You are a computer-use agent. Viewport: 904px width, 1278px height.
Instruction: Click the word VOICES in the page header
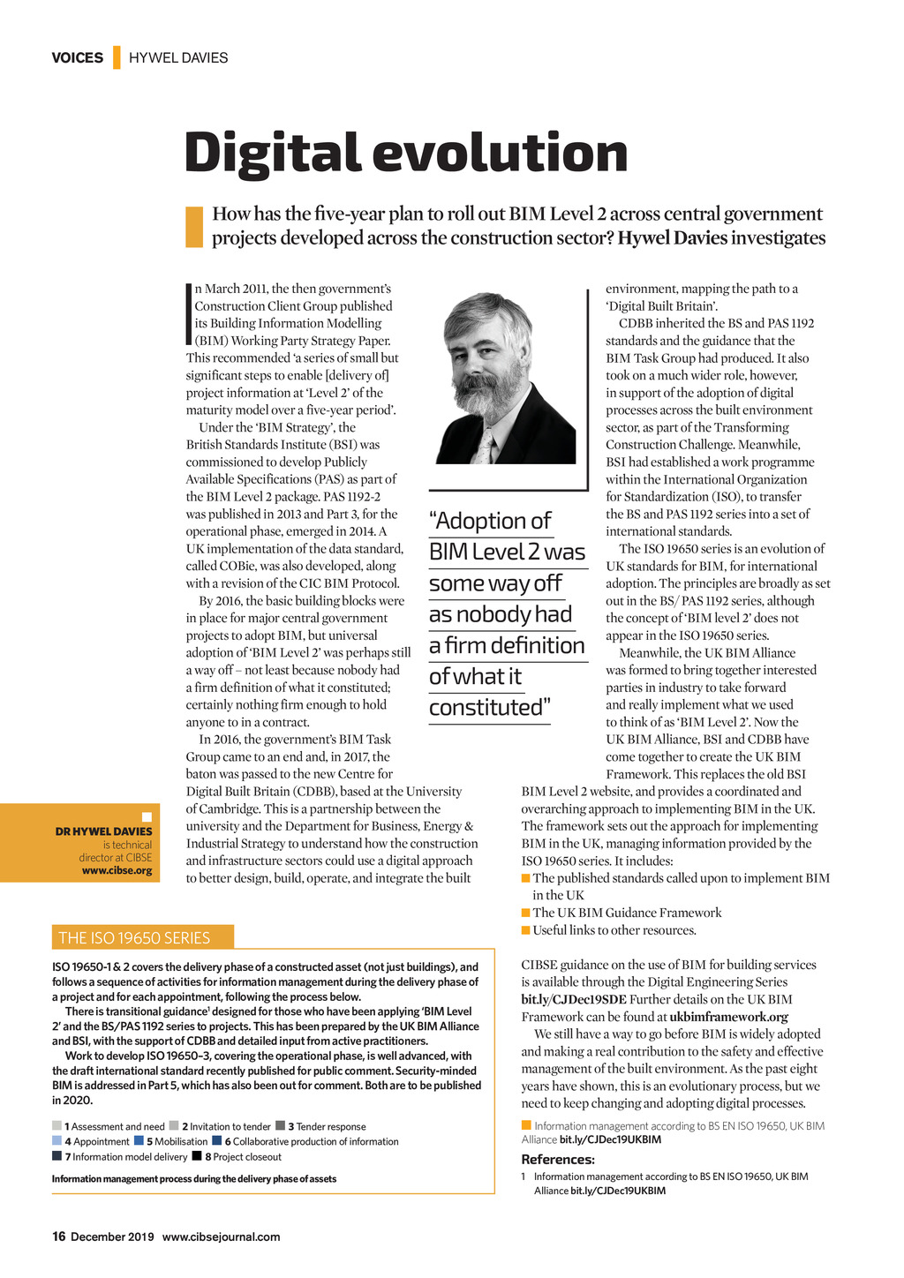coord(78,58)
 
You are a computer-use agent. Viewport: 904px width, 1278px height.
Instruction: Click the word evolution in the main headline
coord(500,154)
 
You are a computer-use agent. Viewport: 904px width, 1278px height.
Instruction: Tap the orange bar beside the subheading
coord(194,226)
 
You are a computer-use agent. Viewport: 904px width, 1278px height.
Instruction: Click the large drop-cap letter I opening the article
coord(189,314)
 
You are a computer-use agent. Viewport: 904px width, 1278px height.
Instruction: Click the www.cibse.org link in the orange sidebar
coord(117,870)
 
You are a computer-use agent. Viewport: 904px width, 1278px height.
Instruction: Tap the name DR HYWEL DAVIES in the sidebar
coord(103,831)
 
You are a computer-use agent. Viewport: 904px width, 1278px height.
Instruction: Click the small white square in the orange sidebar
coord(147,817)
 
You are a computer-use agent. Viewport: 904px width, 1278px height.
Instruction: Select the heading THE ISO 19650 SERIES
coord(134,938)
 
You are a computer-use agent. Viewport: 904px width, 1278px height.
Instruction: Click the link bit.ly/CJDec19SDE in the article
coord(574,999)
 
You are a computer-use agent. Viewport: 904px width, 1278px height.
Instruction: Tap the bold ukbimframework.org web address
coord(728,1017)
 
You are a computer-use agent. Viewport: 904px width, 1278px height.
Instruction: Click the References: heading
coord(558,1160)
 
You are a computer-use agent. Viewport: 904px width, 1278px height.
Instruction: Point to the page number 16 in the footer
coord(59,1237)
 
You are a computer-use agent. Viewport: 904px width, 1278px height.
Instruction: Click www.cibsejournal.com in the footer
coord(221,1237)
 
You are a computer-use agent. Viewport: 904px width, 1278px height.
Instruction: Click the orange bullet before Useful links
coord(526,930)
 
